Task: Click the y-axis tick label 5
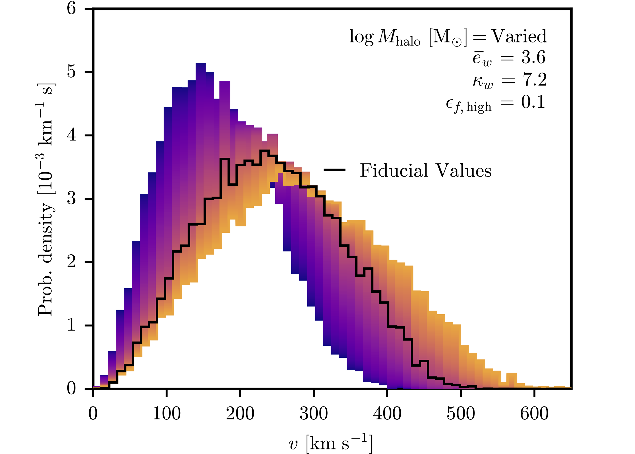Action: (71, 72)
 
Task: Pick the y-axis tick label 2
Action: (71, 262)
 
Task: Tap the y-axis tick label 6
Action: (71, 9)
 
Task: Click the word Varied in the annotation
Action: (519, 36)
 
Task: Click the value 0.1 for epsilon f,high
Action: (533, 102)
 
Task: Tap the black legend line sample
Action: (334, 170)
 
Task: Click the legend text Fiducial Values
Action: (425, 170)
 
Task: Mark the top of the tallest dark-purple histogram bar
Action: (201, 64)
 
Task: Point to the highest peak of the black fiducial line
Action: (264, 151)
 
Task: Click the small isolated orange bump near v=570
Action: (512, 374)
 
